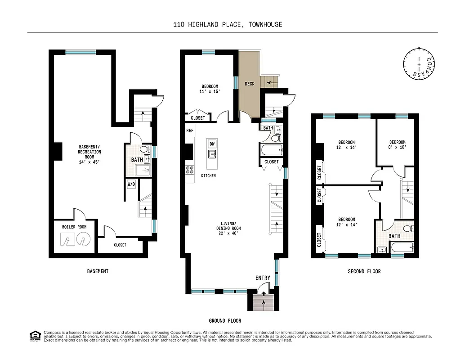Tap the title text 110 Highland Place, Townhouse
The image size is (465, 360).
pos(228,24)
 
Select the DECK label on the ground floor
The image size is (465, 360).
pos(249,84)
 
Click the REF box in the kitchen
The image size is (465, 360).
pos(190,130)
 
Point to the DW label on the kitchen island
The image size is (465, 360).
pos(212,144)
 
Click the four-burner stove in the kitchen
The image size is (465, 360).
pos(189,170)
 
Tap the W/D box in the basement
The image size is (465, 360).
pos(131,184)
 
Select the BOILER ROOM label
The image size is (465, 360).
pos(74,227)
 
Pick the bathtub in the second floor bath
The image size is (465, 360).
pos(402,247)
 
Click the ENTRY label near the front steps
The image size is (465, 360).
pos(263,278)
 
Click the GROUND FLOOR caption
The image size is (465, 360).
pos(225,321)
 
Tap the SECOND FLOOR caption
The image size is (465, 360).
pos(364,271)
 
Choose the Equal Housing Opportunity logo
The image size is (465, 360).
pos(34,335)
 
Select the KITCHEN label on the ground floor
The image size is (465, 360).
pos(208,175)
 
